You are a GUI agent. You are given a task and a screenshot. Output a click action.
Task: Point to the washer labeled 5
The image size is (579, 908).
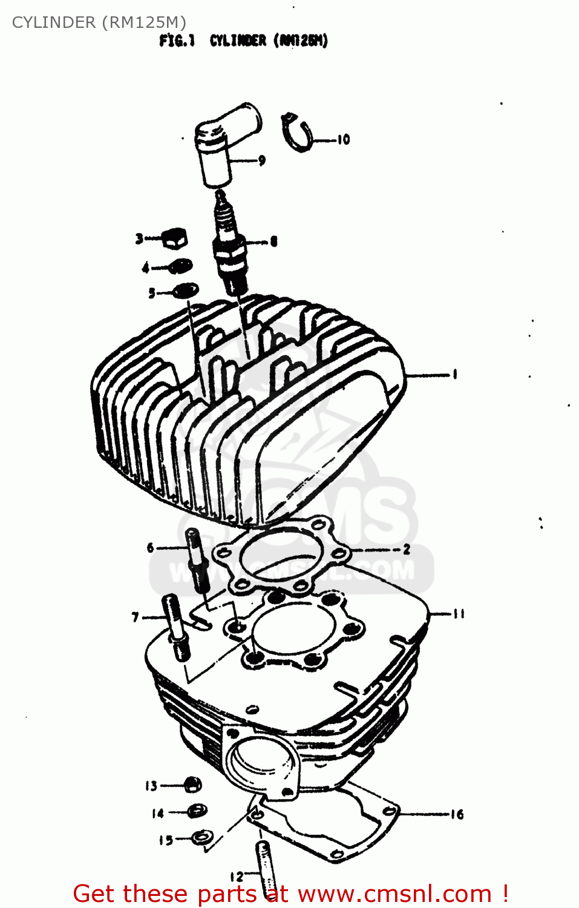point(186,291)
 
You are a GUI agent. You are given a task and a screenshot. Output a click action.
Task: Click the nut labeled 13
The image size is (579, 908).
point(192,785)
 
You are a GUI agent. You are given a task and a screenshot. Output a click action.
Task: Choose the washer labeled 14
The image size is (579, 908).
point(197,811)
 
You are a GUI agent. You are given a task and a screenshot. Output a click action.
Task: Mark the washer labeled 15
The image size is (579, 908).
point(201,838)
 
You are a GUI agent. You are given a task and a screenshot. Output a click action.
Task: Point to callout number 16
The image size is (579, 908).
point(457,814)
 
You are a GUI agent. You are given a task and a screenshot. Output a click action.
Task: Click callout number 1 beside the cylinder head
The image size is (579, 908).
point(454,374)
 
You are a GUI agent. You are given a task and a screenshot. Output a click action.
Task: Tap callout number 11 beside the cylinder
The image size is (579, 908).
point(459,614)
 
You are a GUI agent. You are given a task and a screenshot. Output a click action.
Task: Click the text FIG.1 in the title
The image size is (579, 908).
point(177,41)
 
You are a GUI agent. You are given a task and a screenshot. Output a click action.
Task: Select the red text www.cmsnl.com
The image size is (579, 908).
point(394,893)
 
